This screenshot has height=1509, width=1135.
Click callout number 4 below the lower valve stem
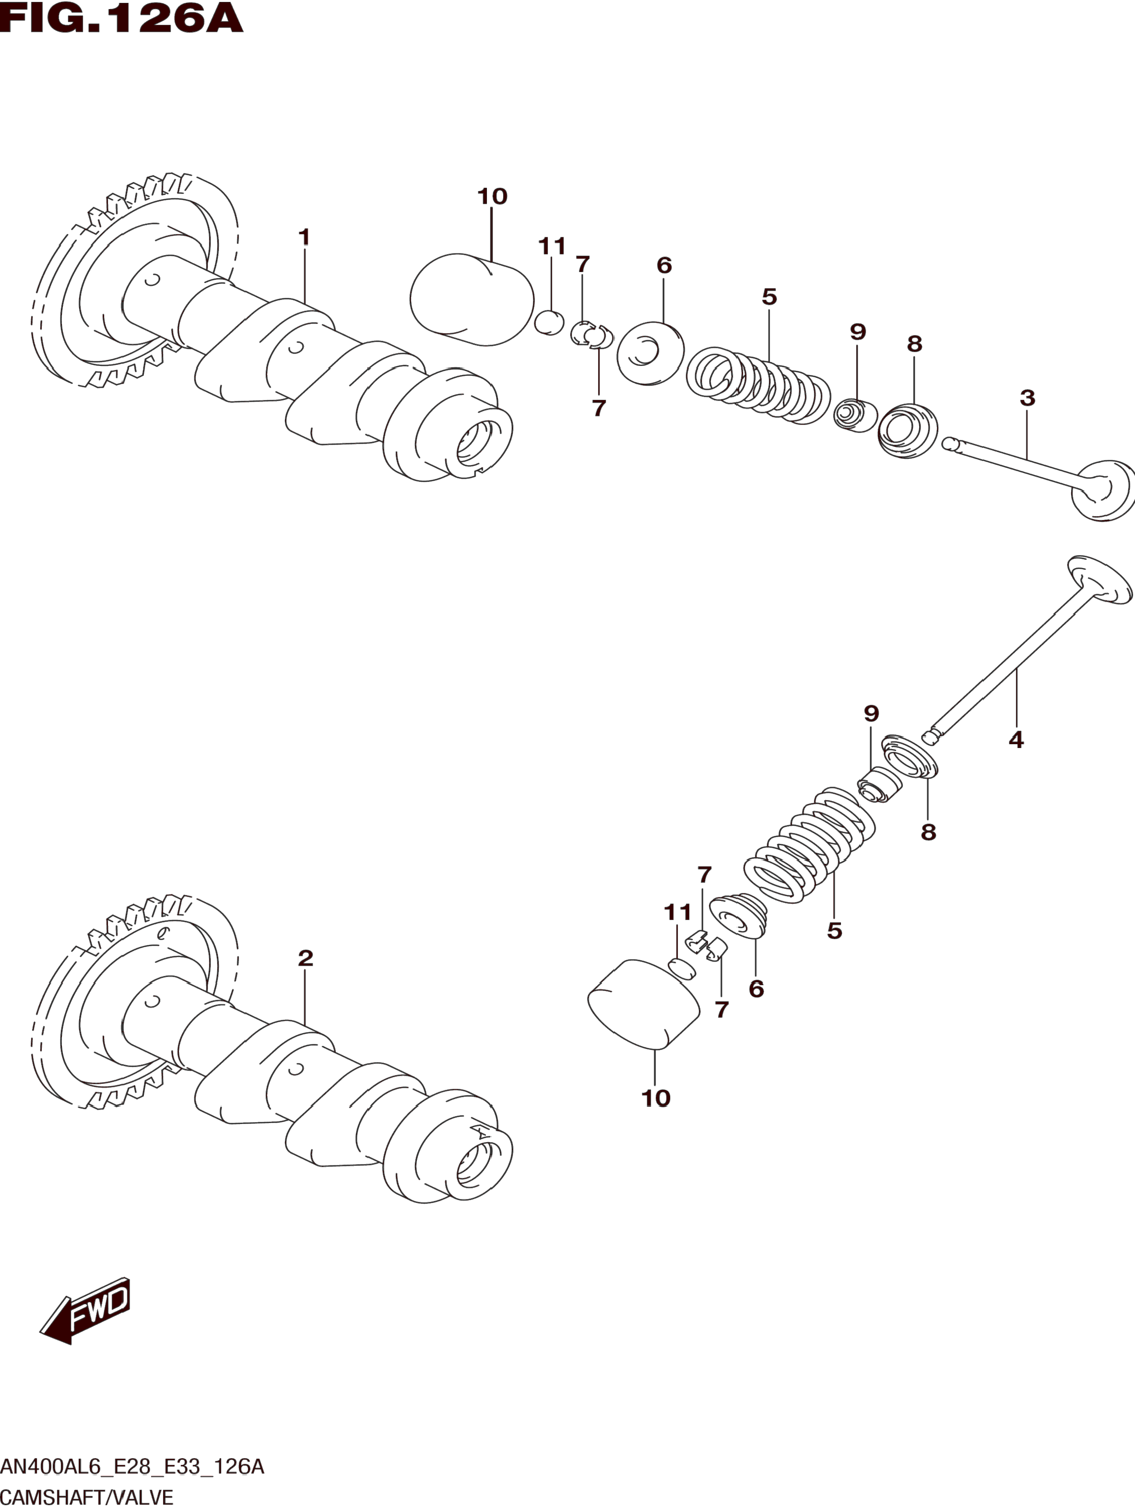[x=1015, y=739]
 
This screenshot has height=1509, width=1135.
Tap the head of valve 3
[x=1104, y=489]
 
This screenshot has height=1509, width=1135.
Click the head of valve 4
[x=1100, y=579]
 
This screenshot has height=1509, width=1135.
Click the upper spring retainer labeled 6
[x=650, y=354]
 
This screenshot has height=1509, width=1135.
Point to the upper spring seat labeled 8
[x=908, y=431]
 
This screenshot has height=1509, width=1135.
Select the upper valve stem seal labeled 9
[x=855, y=415]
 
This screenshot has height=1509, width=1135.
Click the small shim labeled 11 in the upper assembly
[x=549, y=323]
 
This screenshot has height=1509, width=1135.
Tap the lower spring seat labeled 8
[x=911, y=757]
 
